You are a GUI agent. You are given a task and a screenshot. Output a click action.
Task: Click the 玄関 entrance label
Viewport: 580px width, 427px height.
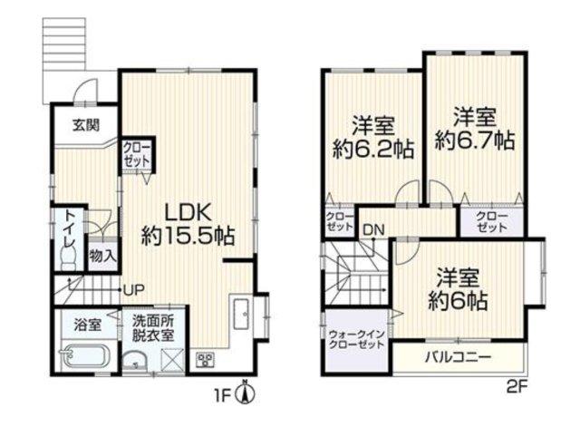click(x=86, y=125)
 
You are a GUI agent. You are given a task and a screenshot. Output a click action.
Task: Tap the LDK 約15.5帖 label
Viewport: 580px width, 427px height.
click(x=188, y=225)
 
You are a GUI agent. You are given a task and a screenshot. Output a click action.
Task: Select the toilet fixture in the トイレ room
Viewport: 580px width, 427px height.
click(x=69, y=258)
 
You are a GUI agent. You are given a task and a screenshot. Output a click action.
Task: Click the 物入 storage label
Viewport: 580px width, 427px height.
click(x=102, y=256)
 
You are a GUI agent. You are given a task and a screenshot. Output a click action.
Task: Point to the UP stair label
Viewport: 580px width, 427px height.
click(x=133, y=290)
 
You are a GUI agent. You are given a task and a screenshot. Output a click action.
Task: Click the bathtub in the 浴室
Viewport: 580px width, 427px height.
click(x=85, y=356)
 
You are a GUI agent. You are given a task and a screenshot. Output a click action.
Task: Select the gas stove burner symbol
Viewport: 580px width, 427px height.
click(x=205, y=359)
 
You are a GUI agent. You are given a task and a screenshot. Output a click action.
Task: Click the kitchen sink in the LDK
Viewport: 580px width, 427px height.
click(x=242, y=314)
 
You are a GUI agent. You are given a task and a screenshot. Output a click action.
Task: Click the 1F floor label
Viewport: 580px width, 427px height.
click(x=224, y=396)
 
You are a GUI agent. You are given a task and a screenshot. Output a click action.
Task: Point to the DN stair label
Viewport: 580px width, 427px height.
click(x=373, y=230)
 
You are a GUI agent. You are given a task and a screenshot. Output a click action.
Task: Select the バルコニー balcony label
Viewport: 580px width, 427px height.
click(x=458, y=357)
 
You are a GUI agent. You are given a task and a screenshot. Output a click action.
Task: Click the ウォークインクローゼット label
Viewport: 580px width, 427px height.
click(x=356, y=340)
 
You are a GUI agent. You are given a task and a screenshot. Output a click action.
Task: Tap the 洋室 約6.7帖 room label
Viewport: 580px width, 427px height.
click(x=475, y=129)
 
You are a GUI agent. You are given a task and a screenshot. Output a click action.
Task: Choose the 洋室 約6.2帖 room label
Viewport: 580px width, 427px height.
click(x=372, y=137)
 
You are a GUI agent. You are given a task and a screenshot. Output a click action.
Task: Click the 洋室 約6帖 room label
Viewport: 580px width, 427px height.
click(x=458, y=290)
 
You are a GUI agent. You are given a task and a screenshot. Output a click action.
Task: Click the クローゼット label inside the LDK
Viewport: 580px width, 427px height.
click(x=137, y=155)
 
